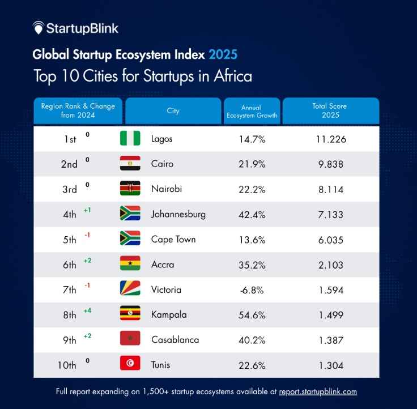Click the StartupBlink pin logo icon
click(x=38, y=28)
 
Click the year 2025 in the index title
click(x=223, y=54)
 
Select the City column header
click(x=173, y=110)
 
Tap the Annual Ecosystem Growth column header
click(x=252, y=111)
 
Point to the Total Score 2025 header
click(x=330, y=110)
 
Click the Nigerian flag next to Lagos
click(x=130, y=138)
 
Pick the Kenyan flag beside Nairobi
click(x=130, y=189)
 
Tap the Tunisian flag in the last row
click(x=130, y=364)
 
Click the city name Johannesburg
click(x=178, y=214)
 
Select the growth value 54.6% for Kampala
click(x=253, y=314)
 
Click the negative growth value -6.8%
click(x=252, y=289)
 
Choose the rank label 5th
click(x=69, y=240)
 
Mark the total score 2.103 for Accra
click(x=330, y=265)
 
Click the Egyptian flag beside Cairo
click(x=130, y=164)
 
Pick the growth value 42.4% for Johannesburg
click(x=253, y=214)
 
